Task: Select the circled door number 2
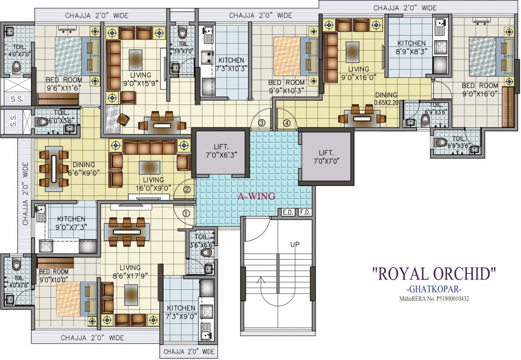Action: click(x=187, y=189)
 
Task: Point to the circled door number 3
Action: click(x=262, y=123)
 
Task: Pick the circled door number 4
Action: click(x=287, y=123)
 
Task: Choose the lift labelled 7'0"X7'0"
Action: click(x=326, y=157)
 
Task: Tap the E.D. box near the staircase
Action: click(x=287, y=212)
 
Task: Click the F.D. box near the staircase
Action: click(x=304, y=212)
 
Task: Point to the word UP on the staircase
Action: click(x=295, y=244)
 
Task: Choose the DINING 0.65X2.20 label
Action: click(x=386, y=98)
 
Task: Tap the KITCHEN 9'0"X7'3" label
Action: click(x=71, y=223)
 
